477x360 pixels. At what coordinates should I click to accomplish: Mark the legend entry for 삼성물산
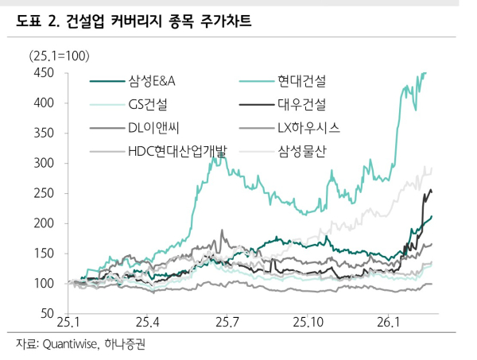(307, 150)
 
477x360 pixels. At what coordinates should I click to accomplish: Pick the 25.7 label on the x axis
(227, 323)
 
